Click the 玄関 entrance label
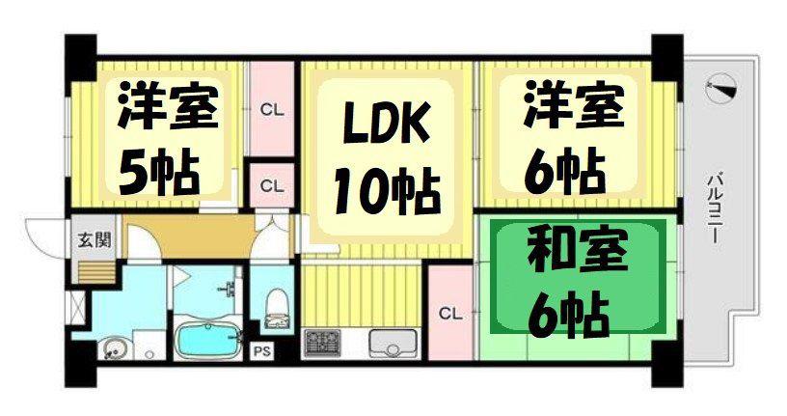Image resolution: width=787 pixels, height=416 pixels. pos(94,240)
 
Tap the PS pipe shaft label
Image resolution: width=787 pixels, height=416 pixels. pos(261,350)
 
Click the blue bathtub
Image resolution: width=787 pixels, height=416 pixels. pos(207,339)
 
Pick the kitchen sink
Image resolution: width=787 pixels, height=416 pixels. pos(393,343)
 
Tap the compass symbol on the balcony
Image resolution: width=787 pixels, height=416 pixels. pos(721,89)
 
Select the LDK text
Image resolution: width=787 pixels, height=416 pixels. pos(386,122)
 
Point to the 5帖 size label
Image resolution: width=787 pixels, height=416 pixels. pos(158,172)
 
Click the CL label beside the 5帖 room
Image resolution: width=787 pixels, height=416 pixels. pos(272,110)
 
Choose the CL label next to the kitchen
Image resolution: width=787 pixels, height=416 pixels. pos(449,314)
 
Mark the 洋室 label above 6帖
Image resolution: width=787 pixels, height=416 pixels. pos(573,104)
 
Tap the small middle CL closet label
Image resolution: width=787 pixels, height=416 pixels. pos(272,186)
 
